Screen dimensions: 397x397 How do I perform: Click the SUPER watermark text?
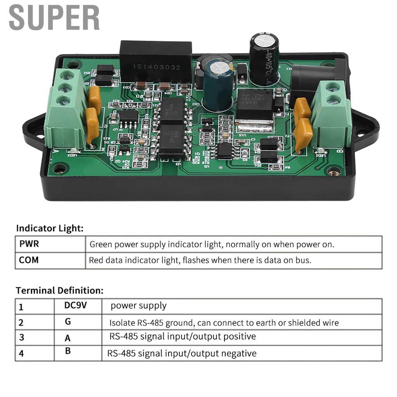(54, 17)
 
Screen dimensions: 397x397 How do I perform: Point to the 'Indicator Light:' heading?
(50, 228)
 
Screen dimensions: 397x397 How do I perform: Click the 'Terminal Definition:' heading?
(60, 290)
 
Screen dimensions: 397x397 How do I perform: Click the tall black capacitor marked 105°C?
(264, 58)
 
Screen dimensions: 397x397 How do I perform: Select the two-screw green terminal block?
(331, 114)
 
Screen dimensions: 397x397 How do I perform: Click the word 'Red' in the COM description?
(96, 260)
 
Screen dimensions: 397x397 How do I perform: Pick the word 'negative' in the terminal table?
(240, 354)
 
